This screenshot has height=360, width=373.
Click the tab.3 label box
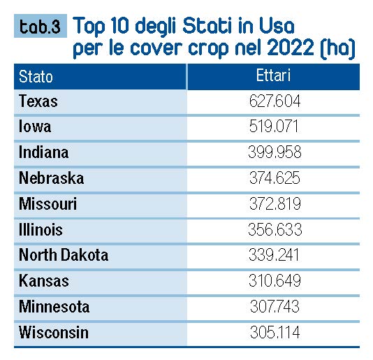41,26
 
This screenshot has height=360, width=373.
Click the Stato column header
36,77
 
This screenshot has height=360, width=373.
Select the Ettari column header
273,75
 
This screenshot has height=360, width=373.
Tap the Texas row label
38,101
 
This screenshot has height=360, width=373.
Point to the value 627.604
275,101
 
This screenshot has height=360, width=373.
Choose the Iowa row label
35,127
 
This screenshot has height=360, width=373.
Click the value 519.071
274,127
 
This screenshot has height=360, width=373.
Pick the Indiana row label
44,152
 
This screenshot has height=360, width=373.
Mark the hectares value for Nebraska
275,178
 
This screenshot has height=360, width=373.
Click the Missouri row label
48,204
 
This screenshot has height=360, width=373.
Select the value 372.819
275,203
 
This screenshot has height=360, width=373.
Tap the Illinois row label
41,229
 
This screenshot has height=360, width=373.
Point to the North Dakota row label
64,255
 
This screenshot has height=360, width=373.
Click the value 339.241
274,254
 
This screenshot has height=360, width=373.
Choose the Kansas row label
44,281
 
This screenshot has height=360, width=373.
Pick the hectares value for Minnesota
275,306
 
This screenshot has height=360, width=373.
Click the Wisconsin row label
54,332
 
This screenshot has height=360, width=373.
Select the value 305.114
275,332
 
